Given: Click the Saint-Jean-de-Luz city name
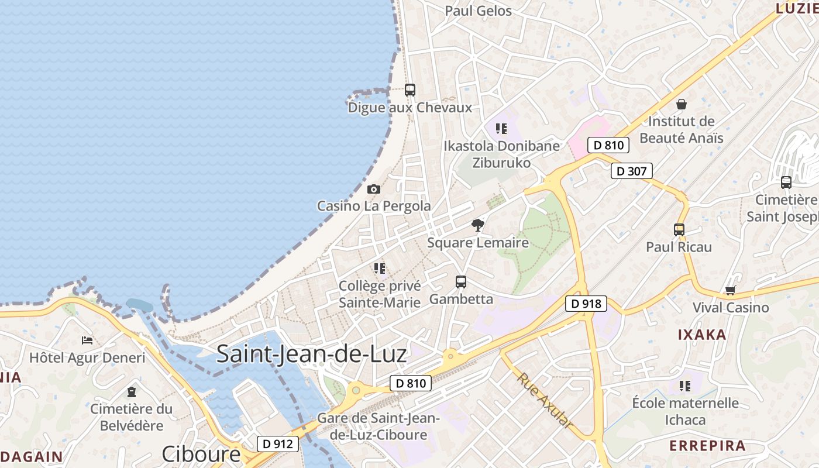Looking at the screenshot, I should click(x=311, y=354).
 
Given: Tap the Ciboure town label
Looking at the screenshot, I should click(x=201, y=454).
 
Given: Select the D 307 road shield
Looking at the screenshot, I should click(x=631, y=171).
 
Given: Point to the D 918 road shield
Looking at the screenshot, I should click(x=586, y=304).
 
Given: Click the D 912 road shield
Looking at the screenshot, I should click(x=277, y=444).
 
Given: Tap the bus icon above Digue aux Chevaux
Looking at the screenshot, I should click(x=410, y=90).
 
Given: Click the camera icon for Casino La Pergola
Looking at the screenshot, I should click(x=373, y=189).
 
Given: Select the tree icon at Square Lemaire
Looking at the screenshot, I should click(x=478, y=225).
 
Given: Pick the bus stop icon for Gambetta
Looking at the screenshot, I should click(x=461, y=282).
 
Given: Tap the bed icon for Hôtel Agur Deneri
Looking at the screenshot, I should click(x=87, y=340).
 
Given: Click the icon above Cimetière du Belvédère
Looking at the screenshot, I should click(x=131, y=391).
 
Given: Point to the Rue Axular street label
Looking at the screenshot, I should click(x=543, y=400).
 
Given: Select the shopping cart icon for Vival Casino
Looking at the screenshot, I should click(x=730, y=290).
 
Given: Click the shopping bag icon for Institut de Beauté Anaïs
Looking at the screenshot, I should click(x=681, y=105).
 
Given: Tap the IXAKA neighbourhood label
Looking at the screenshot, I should click(x=702, y=335).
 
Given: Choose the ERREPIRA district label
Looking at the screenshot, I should click(x=707, y=446).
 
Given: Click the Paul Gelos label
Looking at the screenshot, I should click(x=478, y=11).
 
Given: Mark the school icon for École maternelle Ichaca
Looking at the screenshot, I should click(x=685, y=386).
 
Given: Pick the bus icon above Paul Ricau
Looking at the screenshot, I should click(x=679, y=230).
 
